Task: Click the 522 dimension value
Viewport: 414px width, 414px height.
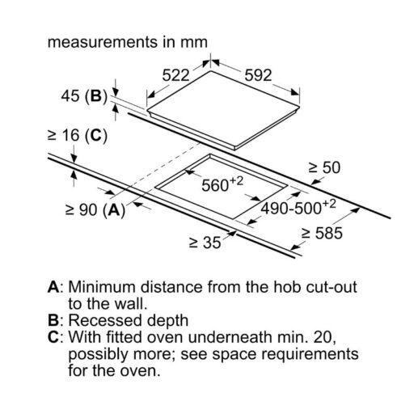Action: pyautogui.click(x=175, y=75)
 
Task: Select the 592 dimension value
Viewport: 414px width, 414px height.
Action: pyautogui.click(x=258, y=75)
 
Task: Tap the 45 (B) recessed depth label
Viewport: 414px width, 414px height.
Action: pyautogui.click(x=84, y=96)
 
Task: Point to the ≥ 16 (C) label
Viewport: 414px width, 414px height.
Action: pyautogui.click(x=78, y=135)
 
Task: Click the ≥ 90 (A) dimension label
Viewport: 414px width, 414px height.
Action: pyautogui.click(x=95, y=209)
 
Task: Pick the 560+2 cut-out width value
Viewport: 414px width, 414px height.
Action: pyautogui.click(x=222, y=184)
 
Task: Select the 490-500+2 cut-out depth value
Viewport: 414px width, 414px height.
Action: pyautogui.click(x=298, y=207)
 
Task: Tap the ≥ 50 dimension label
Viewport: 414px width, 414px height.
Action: pyautogui.click(x=324, y=167)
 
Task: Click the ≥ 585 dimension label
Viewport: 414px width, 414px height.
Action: pyautogui.click(x=322, y=233)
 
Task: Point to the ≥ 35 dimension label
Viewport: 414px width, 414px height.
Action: pyautogui.click(x=205, y=243)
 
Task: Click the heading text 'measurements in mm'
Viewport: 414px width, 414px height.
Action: pyautogui.click(x=128, y=42)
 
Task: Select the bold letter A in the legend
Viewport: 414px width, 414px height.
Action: pyautogui.click(x=53, y=287)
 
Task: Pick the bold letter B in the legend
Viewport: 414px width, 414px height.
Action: pyautogui.click(x=53, y=321)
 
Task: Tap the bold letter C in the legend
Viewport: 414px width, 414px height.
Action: pyautogui.click(x=53, y=337)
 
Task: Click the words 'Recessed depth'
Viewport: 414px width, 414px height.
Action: pyautogui.click(x=129, y=321)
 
